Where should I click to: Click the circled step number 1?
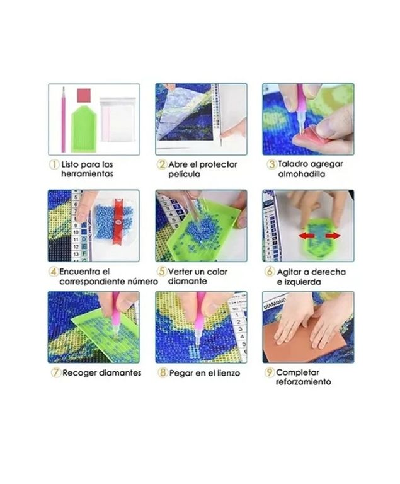(54, 164)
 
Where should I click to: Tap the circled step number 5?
(162, 272)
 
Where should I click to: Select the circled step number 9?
(269, 372)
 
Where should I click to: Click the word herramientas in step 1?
(87, 174)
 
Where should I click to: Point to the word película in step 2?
(184, 174)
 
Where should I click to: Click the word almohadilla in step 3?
(301, 174)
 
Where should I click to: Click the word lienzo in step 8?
(228, 373)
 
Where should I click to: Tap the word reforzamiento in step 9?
(303, 382)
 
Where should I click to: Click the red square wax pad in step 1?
(84, 96)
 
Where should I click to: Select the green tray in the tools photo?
(84, 129)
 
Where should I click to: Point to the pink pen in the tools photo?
(64, 120)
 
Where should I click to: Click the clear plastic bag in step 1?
(118, 120)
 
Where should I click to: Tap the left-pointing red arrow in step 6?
(306, 236)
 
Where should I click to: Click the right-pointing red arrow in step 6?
(333, 236)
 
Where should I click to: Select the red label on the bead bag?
(118, 221)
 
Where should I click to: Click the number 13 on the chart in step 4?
(76, 254)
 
